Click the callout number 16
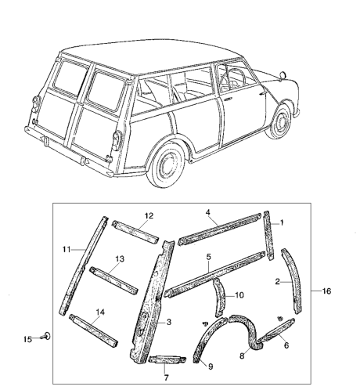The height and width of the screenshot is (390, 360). pos(326,291)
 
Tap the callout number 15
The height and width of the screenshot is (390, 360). pos(27,339)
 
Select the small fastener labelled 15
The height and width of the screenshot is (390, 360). pos(46,336)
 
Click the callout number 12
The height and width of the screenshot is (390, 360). pos(149,216)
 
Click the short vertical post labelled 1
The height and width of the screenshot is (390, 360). pos(269,236)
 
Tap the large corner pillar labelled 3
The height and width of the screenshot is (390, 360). pos(153,300)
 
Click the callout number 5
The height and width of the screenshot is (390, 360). pos(209,257)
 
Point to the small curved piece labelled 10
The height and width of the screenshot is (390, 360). pos(219,298)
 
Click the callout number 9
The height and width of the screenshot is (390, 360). pos(211,367)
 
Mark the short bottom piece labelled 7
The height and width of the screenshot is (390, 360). pos(167,359)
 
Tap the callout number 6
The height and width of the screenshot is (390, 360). pos(286,345)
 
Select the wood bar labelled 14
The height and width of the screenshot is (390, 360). pos(94,331)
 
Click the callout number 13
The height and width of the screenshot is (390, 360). pos(120,259)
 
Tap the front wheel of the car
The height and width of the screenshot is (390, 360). pos(280,121)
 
